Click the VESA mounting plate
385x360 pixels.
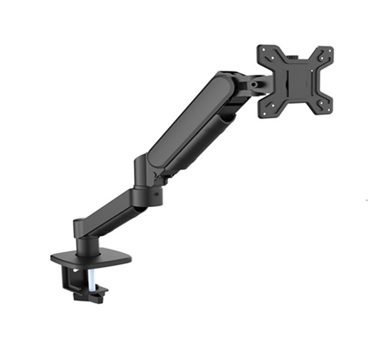(296, 81)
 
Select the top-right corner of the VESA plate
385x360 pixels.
(329, 53)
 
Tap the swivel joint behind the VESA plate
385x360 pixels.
(255, 81)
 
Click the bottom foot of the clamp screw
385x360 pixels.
(97, 291)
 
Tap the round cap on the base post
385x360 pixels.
(83, 222)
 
